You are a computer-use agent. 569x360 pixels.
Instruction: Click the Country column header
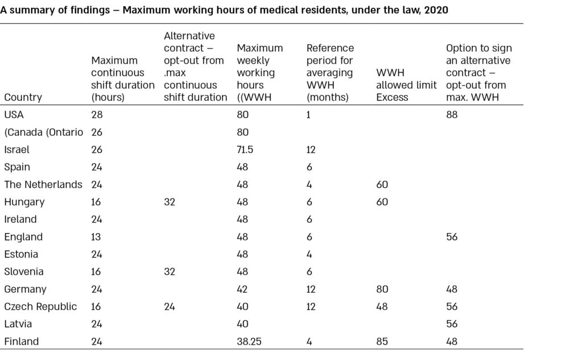coord(23,97)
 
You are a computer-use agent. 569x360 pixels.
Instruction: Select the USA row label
coord(14,114)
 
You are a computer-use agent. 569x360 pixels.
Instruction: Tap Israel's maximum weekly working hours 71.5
coord(245,150)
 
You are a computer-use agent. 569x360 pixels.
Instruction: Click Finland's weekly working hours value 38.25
coord(249,341)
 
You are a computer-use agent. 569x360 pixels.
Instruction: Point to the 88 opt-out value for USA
coord(452,114)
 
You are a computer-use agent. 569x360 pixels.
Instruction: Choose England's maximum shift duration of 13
coord(96,237)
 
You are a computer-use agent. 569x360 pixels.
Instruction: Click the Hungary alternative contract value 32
coord(170,201)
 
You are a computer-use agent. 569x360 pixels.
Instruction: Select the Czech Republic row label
coord(40,307)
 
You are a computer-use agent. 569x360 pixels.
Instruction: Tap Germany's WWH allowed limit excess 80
coord(382,289)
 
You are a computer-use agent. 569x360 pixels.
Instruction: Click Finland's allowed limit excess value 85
coord(382,341)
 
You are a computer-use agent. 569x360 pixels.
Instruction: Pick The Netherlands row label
coord(43,184)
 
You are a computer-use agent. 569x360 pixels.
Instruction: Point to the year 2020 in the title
coord(436,10)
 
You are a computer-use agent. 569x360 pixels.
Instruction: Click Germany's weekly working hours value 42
coord(242,289)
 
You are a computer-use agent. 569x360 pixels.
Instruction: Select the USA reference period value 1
coord(308,114)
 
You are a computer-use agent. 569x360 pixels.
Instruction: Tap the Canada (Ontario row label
coord(44,132)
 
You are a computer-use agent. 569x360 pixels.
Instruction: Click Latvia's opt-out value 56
coord(452,324)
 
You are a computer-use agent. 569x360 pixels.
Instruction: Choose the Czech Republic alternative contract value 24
coord(170,307)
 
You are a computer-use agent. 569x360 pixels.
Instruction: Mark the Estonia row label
coord(21,254)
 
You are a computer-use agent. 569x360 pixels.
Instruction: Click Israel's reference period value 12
coord(311,150)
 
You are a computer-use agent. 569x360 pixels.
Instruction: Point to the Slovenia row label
coord(23,271)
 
